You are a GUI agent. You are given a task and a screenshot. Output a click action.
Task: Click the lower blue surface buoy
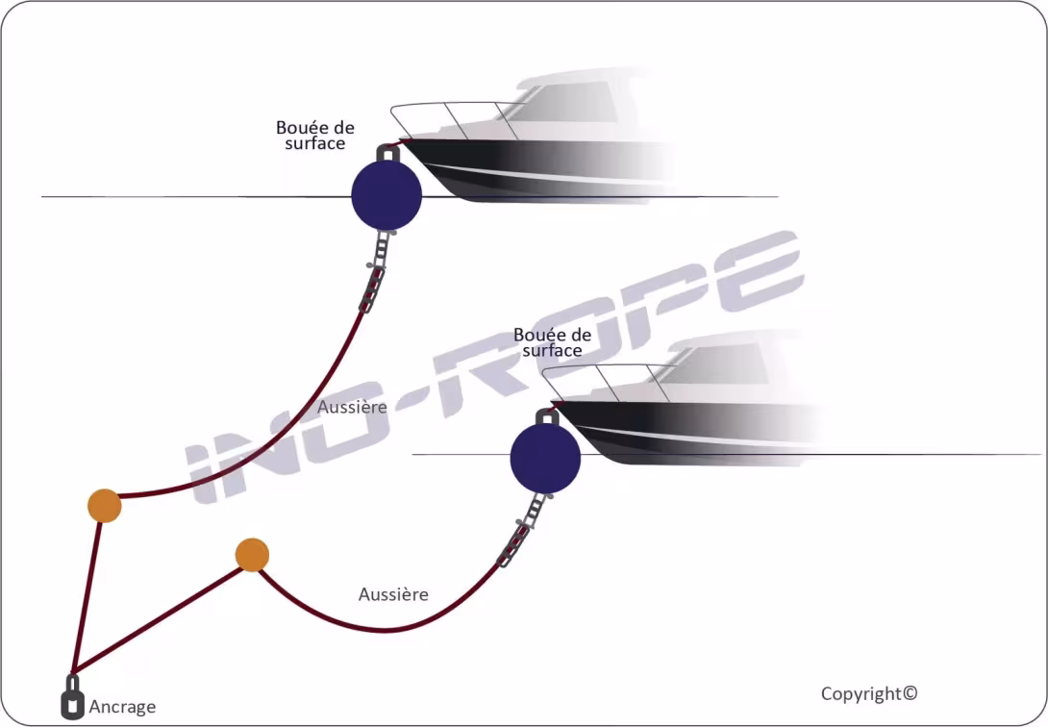(545, 459)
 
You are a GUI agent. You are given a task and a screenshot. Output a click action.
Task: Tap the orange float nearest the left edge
(104, 506)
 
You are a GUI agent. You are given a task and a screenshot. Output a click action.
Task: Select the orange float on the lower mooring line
(251, 555)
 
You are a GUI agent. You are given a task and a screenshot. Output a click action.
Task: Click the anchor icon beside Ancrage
(72, 699)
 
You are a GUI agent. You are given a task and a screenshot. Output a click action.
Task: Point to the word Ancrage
(122, 707)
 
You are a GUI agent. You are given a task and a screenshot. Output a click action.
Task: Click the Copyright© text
(869, 693)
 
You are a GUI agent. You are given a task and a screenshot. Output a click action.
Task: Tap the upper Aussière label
(352, 407)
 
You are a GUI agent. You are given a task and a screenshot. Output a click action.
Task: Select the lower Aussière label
(393, 594)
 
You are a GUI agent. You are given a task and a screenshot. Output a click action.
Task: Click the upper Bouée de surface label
(314, 136)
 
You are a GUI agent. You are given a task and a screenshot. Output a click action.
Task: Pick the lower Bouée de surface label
(552, 342)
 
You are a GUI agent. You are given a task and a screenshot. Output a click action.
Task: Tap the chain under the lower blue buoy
(516, 538)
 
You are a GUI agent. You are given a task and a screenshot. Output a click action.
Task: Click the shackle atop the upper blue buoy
(387, 152)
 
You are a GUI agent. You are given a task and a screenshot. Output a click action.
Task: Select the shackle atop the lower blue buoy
(546, 416)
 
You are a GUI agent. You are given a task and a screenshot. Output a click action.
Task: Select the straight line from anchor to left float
(87, 596)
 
